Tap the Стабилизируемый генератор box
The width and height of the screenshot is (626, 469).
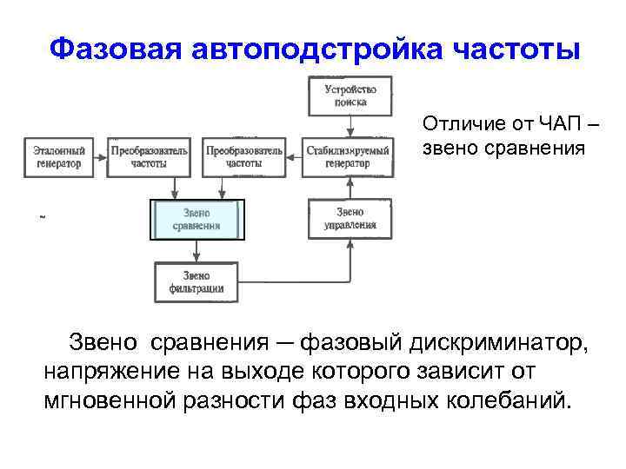pos(347,156)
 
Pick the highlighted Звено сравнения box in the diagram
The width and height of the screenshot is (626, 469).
pos(198,219)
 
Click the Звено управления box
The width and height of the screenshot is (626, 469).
pos(350,218)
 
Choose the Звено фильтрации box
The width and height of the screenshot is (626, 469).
pos(197,281)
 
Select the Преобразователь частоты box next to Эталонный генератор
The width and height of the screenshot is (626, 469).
pos(150,156)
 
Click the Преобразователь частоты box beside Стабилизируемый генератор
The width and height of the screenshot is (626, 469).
pos(244,156)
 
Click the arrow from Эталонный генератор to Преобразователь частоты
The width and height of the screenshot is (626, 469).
pos(98,156)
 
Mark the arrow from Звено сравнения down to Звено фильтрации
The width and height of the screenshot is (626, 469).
pos(198,250)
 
